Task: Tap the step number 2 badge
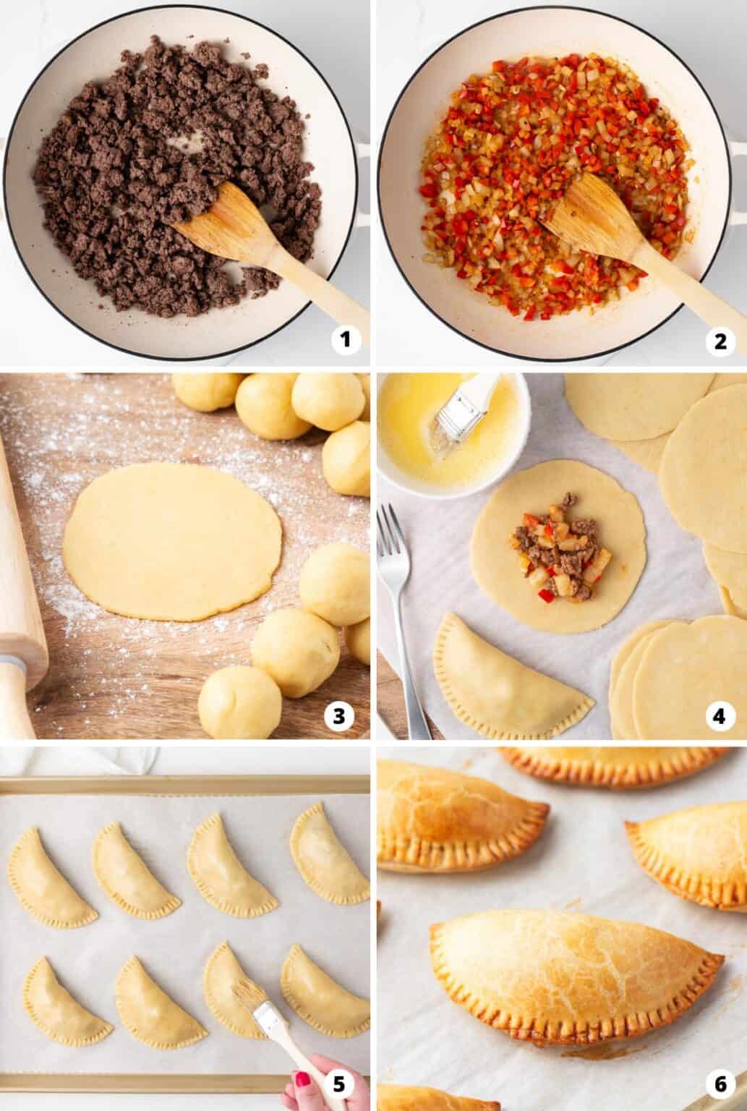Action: [x=720, y=339]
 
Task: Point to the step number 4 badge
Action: [x=720, y=715]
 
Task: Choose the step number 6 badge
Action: [x=720, y=1087]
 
